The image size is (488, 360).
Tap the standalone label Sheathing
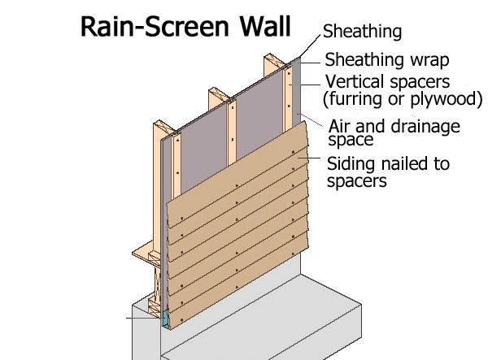(362, 33)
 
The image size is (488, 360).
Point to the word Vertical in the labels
(353, 82)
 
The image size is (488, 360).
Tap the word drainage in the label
(421, 127)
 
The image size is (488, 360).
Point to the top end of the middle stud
(216, 91)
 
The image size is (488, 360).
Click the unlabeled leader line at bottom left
(138, 318)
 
